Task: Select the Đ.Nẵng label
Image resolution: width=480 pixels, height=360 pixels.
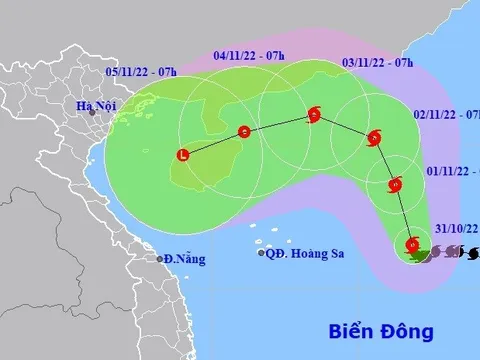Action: click(186, 259)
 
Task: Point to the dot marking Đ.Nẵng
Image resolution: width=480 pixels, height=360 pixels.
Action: click(160, 259)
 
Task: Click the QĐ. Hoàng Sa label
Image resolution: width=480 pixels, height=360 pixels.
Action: click(305, 254)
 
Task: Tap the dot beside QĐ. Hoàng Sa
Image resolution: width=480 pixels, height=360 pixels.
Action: click(261, 254)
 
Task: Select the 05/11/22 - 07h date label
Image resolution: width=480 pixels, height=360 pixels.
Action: click(141, 72)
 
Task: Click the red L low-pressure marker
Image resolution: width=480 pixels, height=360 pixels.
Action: click(182, 155)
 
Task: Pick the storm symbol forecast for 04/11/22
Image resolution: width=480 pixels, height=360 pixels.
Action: click(244, 131)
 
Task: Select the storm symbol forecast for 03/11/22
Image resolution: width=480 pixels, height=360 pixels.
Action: click(314, 115)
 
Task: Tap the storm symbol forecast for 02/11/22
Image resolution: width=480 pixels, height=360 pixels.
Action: click(374, 138)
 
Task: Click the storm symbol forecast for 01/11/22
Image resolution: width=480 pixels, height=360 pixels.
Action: click(394, 185)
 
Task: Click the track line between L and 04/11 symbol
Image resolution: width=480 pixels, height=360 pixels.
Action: click(213, 143)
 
